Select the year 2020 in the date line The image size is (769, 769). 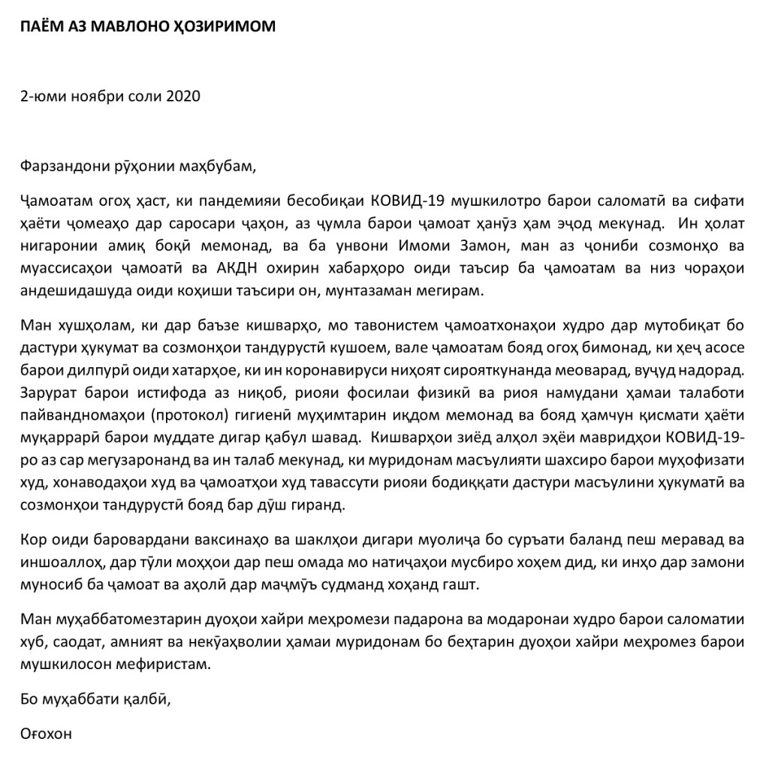click(x=183, y=96)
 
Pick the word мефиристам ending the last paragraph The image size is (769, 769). click(x=155, y=665)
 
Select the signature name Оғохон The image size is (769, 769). click(x=47, y=734)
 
